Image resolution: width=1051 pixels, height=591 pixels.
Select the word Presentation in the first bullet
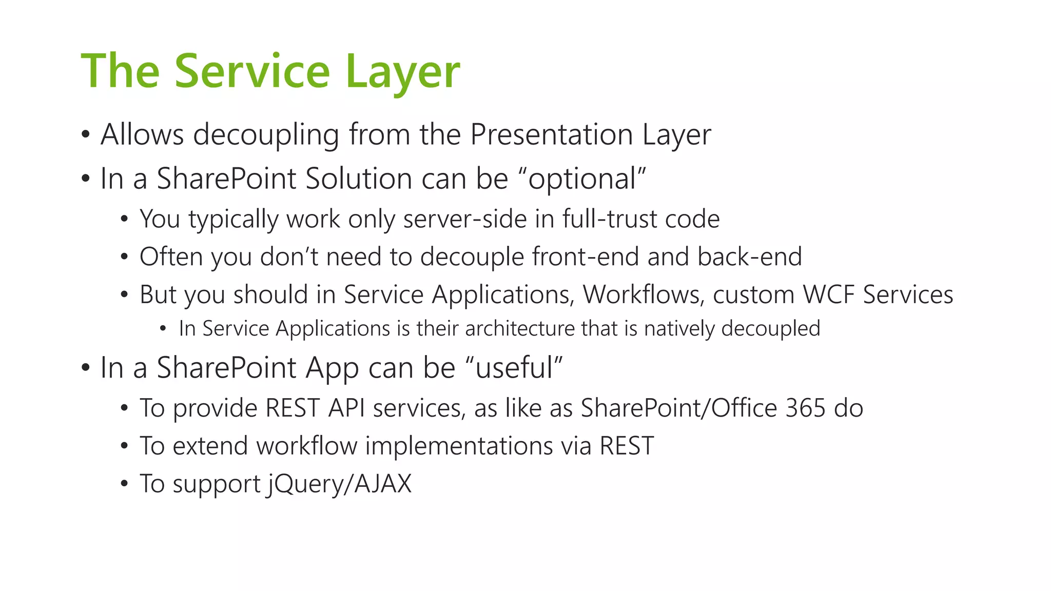551,134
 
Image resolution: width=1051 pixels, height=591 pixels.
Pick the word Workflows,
643,294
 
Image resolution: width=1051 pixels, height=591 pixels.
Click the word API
346,408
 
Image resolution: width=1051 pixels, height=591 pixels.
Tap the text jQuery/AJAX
339,484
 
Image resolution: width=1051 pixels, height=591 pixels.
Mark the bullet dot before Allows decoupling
86,135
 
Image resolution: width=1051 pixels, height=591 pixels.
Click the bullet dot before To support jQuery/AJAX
124,484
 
